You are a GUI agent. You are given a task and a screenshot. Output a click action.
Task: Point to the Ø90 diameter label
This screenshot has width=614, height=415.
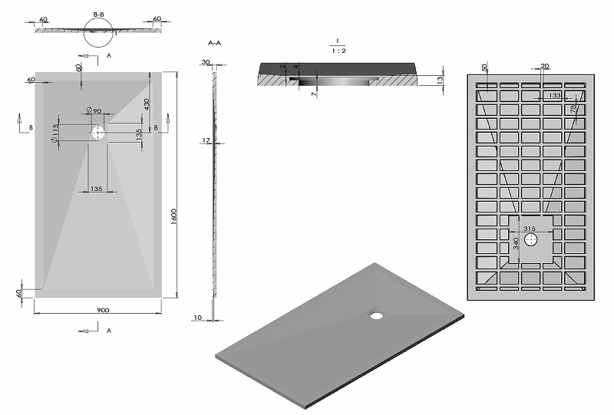(94, 112)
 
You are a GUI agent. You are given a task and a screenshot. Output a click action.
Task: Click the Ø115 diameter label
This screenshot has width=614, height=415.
(55, 132)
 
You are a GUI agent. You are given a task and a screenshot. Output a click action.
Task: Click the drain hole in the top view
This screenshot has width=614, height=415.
(97, 133)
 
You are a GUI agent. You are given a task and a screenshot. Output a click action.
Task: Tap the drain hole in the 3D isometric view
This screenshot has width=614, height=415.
(375, 312)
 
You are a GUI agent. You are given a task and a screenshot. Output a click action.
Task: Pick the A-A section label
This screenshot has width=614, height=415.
(215, 44)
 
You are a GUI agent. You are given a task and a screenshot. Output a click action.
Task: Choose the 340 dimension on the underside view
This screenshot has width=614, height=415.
(516, 243)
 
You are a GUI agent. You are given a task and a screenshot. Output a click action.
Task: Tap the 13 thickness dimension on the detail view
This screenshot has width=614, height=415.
(440, 80)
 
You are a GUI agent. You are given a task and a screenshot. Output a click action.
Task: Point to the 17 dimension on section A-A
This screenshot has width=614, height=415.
(206, 140)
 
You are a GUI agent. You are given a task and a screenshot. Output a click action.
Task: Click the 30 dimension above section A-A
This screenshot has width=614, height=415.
(206, 61)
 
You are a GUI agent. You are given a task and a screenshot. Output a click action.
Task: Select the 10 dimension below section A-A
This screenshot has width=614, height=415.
(199, 317)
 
